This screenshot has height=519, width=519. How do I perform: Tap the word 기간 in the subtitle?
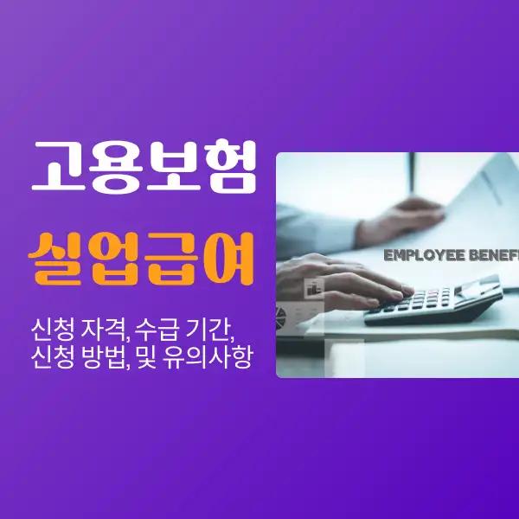click(221, 329)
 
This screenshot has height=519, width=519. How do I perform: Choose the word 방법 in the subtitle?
click(107, 357)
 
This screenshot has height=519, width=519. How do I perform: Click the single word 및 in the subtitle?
click(157, 357)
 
